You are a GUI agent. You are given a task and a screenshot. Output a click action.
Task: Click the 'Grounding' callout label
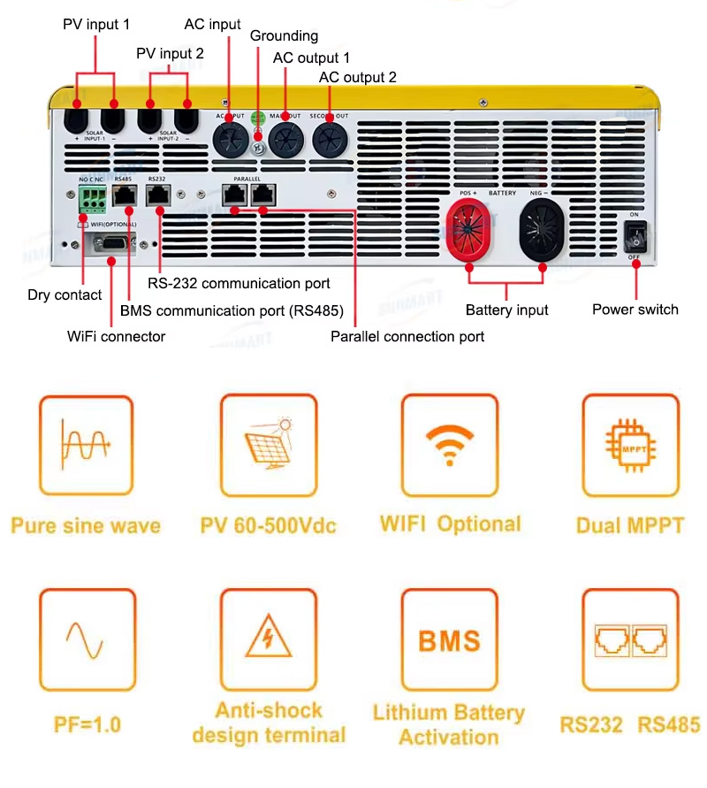[x=284, y=36]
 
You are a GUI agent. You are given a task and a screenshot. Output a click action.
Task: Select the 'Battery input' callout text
[x=506, y=310]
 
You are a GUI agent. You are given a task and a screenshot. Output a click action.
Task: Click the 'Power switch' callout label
[x=635, y=310]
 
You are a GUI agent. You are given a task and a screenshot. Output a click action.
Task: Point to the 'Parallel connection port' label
[x=407, y=336]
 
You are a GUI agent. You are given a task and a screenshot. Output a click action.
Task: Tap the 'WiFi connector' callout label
[x=116, y=336]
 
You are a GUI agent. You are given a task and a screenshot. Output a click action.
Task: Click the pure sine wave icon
[x=86, y=445]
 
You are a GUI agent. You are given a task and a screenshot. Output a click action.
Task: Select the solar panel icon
[x=268, y=445]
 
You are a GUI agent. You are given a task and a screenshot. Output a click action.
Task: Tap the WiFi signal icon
[x=449, y=445]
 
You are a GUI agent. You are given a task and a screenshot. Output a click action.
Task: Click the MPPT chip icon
[x=630, y=445]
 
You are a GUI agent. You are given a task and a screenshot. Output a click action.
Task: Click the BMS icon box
[x=449, y=639]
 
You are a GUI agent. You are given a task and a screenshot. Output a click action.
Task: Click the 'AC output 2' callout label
[x=357, y=78]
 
